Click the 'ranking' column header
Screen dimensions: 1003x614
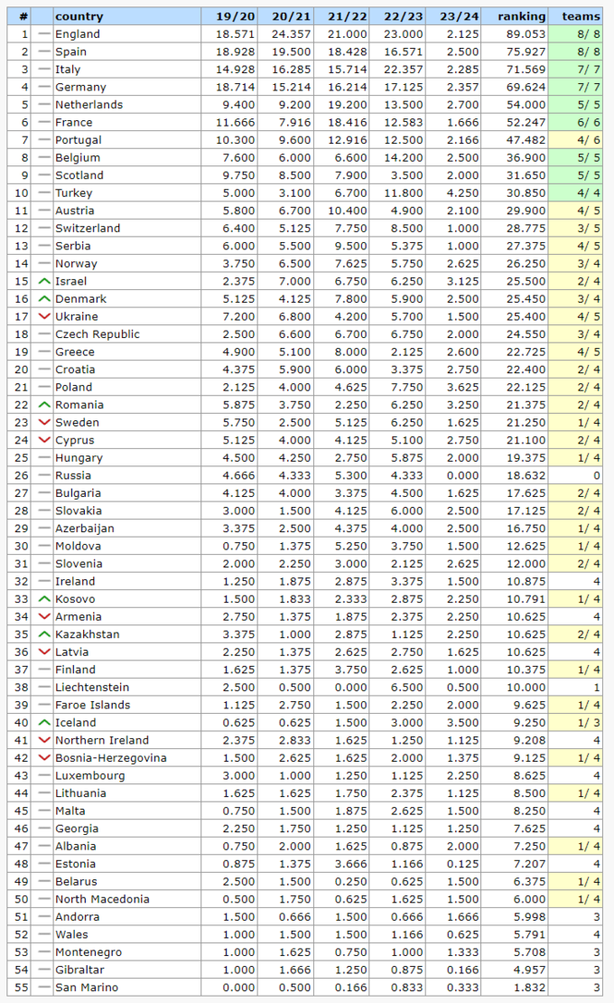(x=521, y=16)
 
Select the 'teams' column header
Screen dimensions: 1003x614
(x=581, y=16)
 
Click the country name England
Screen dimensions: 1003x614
(x=77, y=34)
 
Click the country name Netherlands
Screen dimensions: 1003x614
(x=88, y=105)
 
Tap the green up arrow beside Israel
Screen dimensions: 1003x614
(x=44, y=281)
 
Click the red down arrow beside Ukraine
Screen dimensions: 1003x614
(x=44, y=316)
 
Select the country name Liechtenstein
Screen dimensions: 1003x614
(x=92, y=687)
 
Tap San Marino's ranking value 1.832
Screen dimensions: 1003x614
(x=527, y=987)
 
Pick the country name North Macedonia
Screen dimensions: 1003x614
(x=102, y=899)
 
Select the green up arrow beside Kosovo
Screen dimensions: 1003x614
(x=44, y=599)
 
